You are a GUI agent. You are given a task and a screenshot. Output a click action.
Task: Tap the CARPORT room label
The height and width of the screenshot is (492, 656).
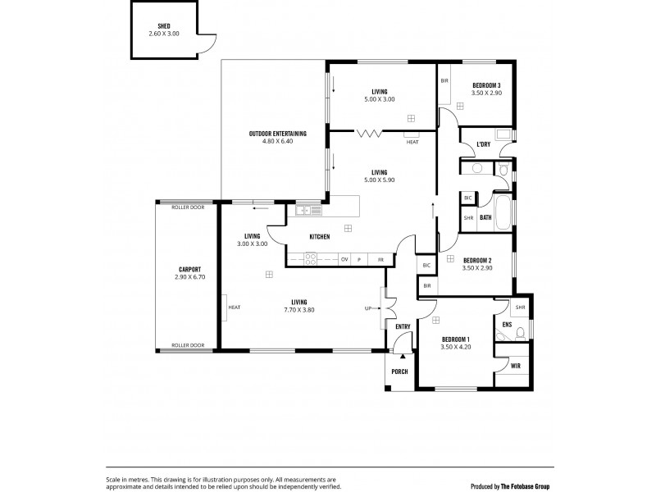click(x=188, y=269)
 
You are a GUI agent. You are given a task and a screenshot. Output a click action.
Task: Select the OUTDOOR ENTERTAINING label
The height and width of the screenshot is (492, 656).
click(x=277, y=134)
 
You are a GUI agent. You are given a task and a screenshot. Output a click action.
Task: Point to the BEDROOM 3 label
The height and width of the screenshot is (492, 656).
click(x=485, y=85)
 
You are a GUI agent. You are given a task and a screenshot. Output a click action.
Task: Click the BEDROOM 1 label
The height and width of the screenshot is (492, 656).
click(x=456, y=339)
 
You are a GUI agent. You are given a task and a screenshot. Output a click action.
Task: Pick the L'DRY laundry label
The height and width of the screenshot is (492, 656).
click(x=483, y=145)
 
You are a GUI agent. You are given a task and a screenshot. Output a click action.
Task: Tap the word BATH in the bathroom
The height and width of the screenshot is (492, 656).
click(x=485, y=217)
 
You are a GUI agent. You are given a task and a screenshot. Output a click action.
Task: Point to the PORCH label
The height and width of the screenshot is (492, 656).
click(x=399, y=371)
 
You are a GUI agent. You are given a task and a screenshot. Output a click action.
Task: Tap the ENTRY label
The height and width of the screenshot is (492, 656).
click(x=402, y=326)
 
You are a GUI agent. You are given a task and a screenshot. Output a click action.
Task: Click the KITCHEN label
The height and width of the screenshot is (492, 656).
click(x=319, y=236)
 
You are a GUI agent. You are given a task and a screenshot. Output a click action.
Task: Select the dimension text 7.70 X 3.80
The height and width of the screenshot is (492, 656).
click(x=298, y=309)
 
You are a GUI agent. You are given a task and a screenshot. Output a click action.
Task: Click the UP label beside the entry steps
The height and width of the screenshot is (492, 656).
click(x=368, y=308)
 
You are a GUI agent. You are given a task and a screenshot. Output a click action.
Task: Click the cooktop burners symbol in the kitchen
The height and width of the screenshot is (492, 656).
click(x=312, y=258)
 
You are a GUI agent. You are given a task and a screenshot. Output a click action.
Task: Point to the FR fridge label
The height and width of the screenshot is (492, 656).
click(x=380, y=259)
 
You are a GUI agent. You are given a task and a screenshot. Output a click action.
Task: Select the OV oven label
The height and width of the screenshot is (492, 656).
click(x=344, y=259)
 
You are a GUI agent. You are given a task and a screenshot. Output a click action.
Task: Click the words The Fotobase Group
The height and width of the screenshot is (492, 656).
click(x=525, y=485)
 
